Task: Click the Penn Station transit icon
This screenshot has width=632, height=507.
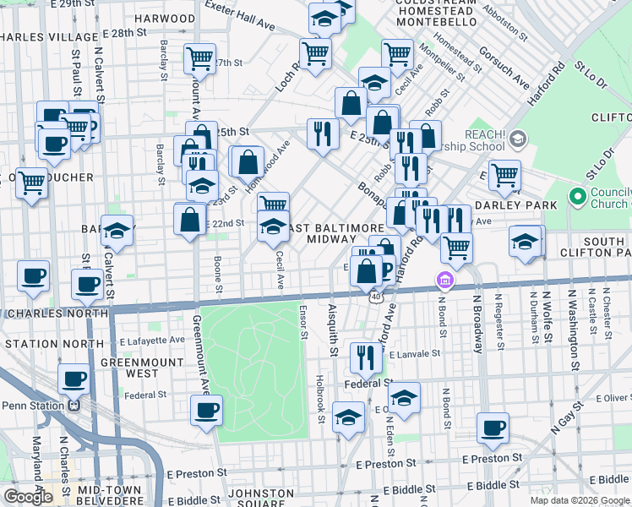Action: [74, 405]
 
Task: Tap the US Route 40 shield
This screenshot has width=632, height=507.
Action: [373, 297]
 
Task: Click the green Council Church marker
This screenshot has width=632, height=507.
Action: [578, 198]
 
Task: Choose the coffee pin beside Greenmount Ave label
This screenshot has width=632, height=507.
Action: [206, 411]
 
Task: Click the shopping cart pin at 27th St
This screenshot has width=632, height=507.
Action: [200, 58]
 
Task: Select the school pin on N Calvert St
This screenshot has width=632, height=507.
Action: [117, 230]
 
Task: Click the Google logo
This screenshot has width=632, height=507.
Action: [28, 497]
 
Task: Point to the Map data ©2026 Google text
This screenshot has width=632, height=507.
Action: [579, 500]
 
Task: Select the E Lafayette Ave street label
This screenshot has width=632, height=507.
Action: [152, 340]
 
